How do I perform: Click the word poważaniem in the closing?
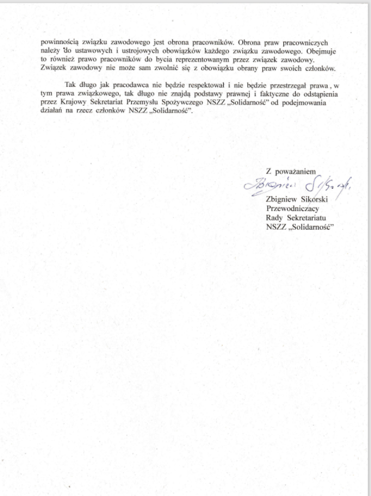295,171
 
